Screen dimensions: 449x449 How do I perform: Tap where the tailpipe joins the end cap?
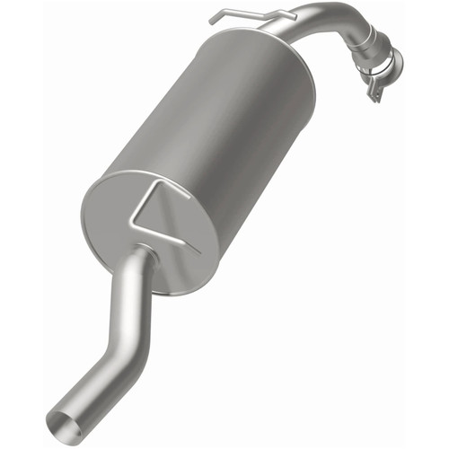point(144,256)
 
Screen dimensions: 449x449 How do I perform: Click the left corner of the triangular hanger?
point(131,220)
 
